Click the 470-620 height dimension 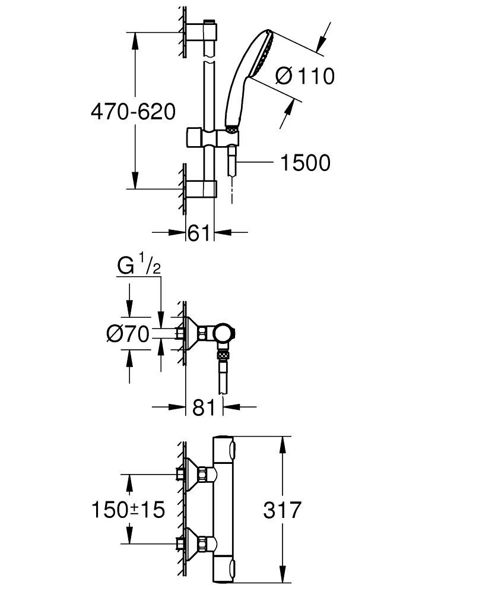[x=133, y=112]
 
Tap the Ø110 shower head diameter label [x=305, y=76]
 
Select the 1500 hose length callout [x=305, y=163]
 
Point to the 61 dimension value [x=199, y=233]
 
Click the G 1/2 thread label [x=139, y=266]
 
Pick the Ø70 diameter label [x=128, y=334]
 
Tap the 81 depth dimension [x=204, y=407]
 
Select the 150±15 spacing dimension [x=128, y=509]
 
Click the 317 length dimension [x=283, y=510]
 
